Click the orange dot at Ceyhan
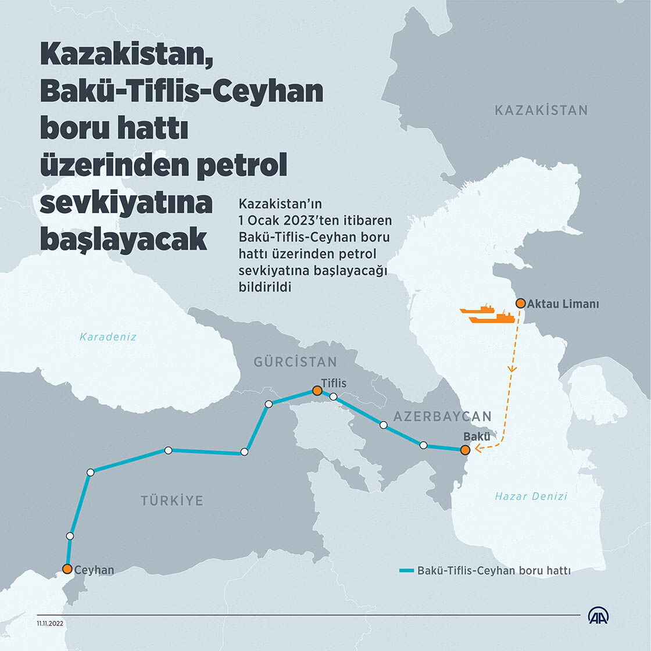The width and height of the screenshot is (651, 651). tap(67, 569)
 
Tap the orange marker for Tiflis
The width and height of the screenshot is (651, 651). tap(317, 391)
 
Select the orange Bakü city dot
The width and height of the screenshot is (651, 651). tap(464, 449)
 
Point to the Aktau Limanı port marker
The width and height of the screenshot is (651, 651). tap(520, 303)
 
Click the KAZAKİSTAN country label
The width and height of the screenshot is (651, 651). tap(541, 110)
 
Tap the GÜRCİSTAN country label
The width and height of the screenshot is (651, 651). tap(295, 362)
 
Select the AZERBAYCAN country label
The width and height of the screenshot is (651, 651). tap(442, 416)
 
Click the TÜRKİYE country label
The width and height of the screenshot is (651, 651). tap(172, 500)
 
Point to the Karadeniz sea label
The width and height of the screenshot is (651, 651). tap(108, 337)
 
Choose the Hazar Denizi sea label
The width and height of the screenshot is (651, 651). tap(531, 496)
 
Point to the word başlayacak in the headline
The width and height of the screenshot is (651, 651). tap(123, 239)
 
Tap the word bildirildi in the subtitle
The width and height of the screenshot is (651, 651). tap(264, 287)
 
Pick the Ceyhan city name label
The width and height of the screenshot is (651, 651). tap(94, 570)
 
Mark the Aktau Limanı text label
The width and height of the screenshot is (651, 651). tap(563, 304)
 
